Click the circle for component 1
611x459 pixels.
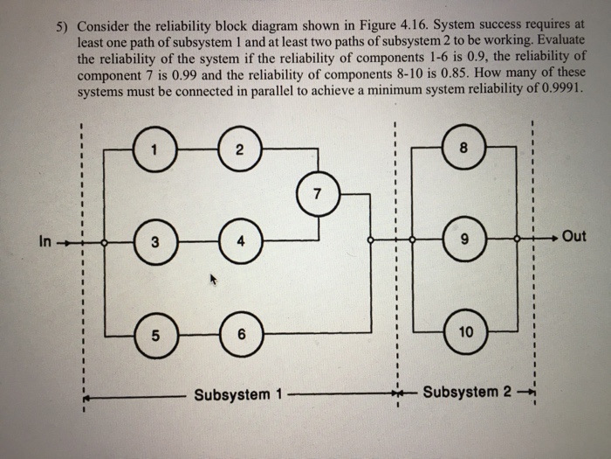(x=154, y=149)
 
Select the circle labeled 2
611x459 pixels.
(x=237, y=149)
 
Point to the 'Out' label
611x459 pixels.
(x=574, y=238)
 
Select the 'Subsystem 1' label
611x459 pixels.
(x=232, y=394)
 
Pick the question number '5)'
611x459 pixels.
(x=57, y=26)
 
